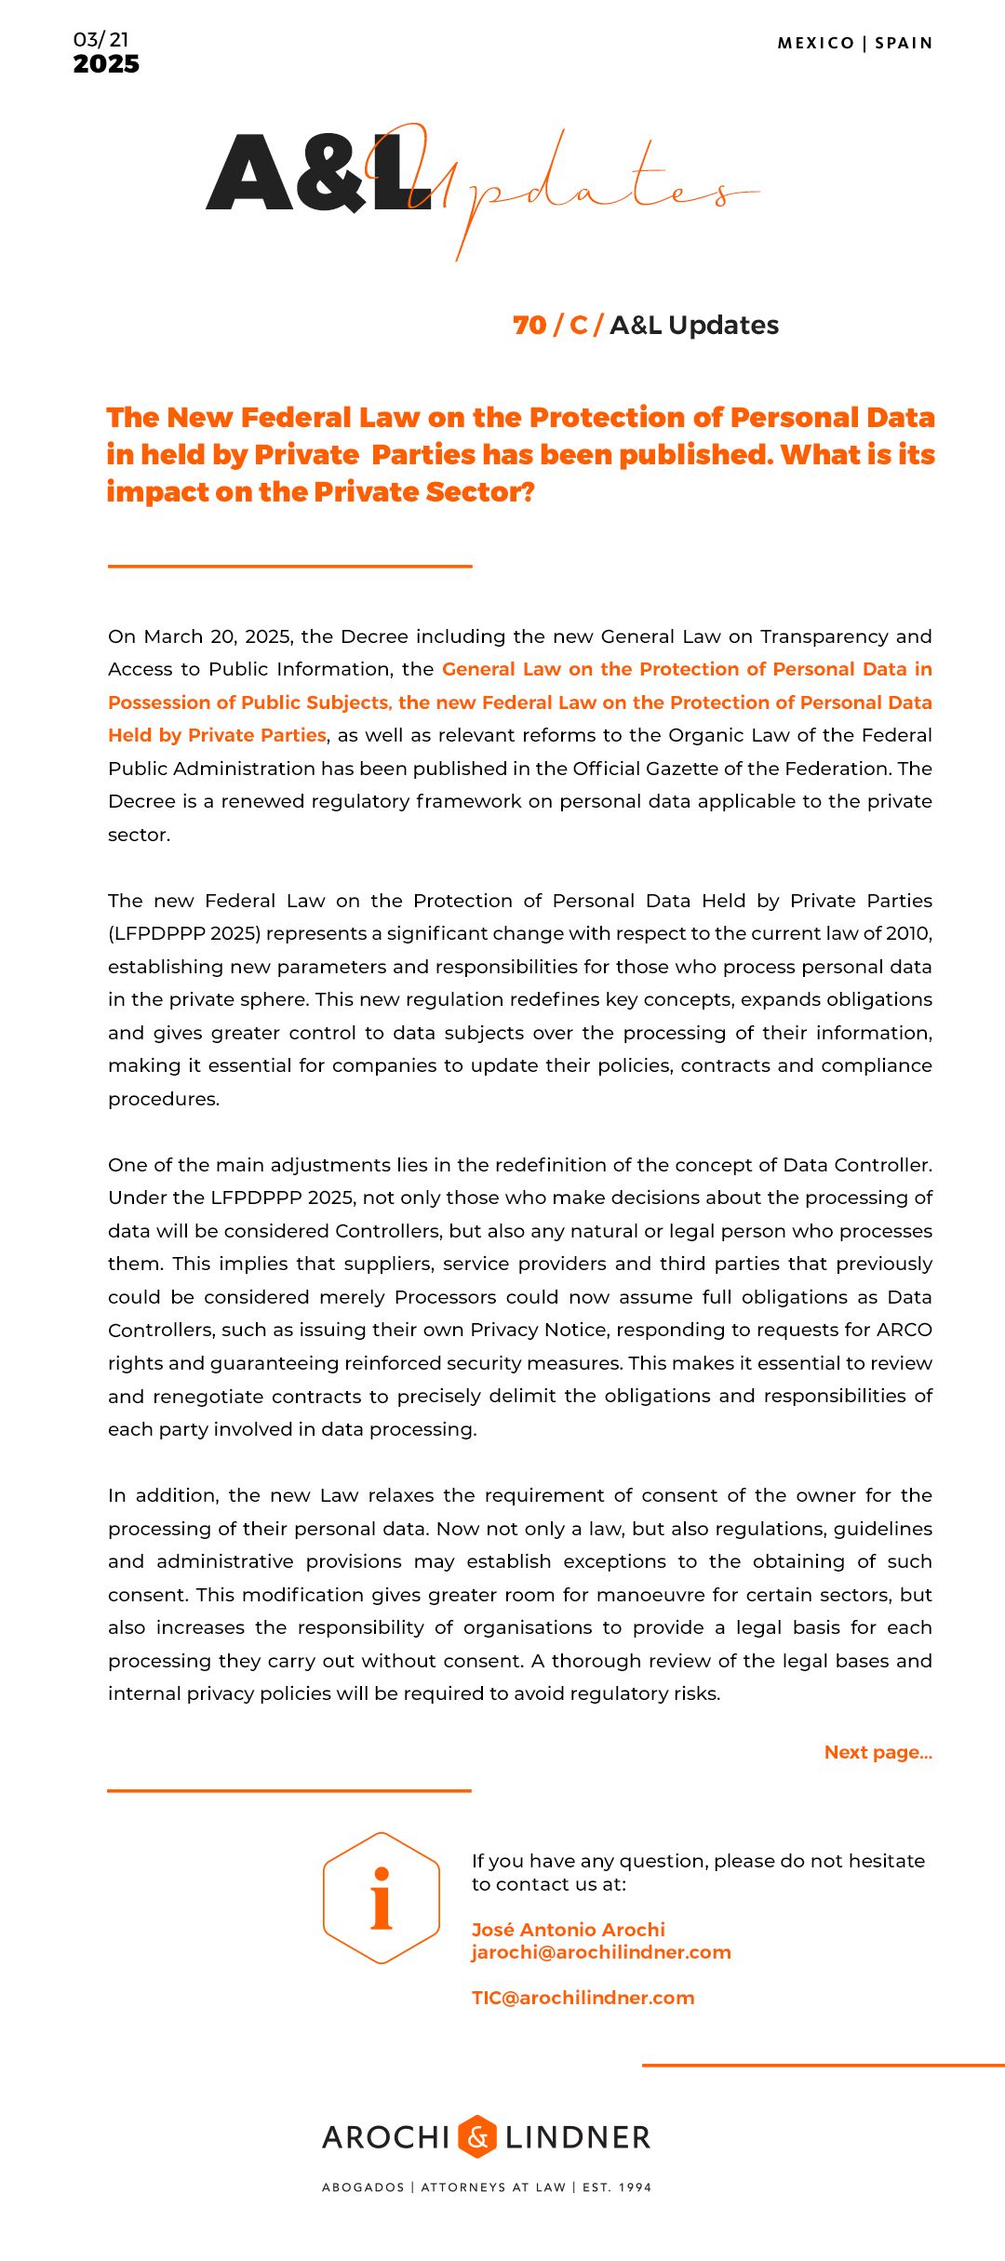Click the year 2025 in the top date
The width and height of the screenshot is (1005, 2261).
point(106,64)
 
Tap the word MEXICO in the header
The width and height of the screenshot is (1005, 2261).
point(815,43)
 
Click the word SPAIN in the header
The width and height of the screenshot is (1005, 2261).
point(904,43)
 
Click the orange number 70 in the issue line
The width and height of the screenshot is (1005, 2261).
point(529,325)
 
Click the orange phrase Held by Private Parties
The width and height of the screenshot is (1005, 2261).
point(217,735)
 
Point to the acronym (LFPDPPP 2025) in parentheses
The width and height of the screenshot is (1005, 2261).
point(184,933)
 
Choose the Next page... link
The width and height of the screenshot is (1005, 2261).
point(878,1752)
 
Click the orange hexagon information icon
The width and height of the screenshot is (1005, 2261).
point(382,1897)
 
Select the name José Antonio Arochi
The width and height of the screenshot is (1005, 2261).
point(568,1929)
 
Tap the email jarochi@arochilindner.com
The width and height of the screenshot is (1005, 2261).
point(601,1952)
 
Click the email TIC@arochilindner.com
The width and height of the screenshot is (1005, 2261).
point(583,1998)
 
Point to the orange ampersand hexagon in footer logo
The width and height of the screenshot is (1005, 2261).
point(477,2136)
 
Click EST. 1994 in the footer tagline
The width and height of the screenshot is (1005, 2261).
point(617,2187)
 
